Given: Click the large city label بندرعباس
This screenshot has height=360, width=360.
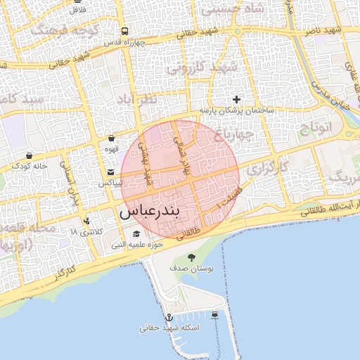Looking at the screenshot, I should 160,211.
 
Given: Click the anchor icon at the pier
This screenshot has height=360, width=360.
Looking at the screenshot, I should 169,317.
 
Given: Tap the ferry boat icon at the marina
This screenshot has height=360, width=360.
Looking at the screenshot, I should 214,314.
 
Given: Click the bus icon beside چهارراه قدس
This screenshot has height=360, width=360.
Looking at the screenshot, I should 124,32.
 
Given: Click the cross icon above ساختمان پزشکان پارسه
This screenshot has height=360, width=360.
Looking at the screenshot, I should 236,99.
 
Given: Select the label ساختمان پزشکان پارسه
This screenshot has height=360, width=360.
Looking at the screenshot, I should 236,111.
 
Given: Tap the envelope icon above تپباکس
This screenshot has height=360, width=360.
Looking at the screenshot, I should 111,172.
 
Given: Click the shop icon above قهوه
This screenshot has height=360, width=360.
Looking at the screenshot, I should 112,139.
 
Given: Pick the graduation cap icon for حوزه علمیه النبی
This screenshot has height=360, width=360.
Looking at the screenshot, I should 136,234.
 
